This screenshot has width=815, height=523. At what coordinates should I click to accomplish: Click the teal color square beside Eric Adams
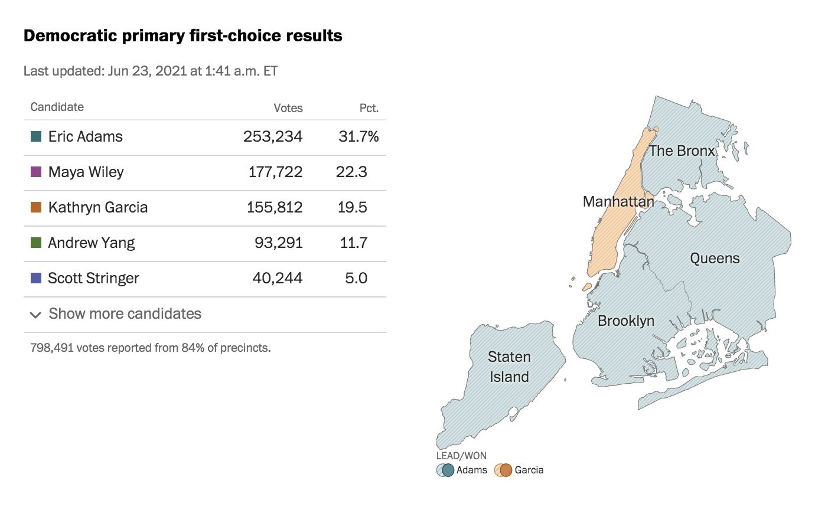(x=36, y=136)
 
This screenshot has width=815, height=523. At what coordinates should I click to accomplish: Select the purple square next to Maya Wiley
(x=36, y=172)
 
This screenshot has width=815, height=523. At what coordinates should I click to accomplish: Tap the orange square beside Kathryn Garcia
(x=36, y=207)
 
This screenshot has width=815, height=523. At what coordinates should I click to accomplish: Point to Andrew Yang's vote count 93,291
(x=278, y=243)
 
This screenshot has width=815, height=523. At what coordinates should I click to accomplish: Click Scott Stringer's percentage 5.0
(x=356, y=278)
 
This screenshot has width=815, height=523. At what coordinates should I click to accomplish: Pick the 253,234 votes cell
(x=273, y=136)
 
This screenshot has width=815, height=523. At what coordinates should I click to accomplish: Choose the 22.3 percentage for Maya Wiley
(x=351, y=172)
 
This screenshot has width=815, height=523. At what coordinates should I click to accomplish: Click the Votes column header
(x=288, y=108)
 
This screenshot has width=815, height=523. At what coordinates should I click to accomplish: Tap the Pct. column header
(x=369, y=108)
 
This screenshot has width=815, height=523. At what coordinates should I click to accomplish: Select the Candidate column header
(x=57, y=107)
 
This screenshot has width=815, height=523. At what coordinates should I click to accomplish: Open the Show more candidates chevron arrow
(x=35, y=315)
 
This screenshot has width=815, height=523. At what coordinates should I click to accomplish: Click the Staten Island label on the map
(x=509, y=367)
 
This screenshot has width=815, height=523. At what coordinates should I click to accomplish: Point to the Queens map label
(x=715, y=258)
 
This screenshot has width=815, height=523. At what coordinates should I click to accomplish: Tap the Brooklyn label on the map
(x=626, y=321)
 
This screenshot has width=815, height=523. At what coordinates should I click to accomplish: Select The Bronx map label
(x=682, y=151)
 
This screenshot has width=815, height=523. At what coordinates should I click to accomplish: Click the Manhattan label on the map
(x=618, y=201)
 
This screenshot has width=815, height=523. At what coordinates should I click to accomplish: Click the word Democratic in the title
(x=70, y=35)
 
